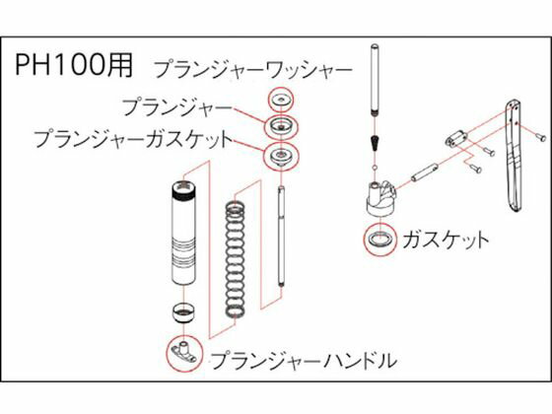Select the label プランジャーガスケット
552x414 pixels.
(133, 140)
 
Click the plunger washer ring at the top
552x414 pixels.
(281, 100)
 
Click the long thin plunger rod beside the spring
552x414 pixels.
(282, 237)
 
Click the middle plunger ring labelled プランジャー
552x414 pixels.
(281, 127)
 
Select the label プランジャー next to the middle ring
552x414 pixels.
(177, 105)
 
